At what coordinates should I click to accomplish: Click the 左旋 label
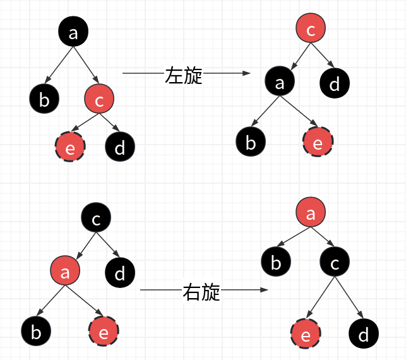coord(184,75)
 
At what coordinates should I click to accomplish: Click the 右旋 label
coord(201,291)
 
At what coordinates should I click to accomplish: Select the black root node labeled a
coord(73,33)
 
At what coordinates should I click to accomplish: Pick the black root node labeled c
coord(96,219)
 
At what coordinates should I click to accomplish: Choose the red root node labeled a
coord(310,213)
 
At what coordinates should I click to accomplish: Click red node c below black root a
coord(99,98)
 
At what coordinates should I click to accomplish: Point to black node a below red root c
coord(280,81)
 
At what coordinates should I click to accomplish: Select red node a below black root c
coord(66,272)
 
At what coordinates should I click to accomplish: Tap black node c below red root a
coord(334,261)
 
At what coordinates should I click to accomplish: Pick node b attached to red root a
coord(275,261)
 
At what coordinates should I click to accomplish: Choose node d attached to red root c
coord(335,82)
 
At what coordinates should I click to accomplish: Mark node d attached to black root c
coord(119,272)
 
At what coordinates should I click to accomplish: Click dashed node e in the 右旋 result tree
coord(306,334)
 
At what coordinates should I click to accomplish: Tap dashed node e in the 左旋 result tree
coord(317,143)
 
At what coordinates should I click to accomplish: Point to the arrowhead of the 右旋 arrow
coord(265,291)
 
